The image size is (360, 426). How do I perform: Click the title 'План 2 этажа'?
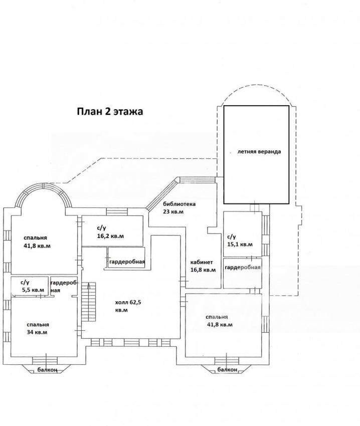click(110, 111)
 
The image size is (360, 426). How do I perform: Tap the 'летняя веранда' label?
click(259, 151)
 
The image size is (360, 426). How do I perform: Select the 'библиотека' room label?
click(179, 204)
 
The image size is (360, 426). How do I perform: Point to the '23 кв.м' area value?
click(173, 211)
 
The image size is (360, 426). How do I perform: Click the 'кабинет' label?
click(202, 262)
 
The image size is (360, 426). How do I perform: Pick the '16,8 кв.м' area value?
click(203, 270)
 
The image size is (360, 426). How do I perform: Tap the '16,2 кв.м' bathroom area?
click(110, 236)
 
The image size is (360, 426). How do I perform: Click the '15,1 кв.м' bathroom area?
click(240, 245)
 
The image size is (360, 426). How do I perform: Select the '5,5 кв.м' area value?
click(33, 290)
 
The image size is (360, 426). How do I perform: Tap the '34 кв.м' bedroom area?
click(37, 332)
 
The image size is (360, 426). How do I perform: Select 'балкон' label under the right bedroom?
click(227, 370)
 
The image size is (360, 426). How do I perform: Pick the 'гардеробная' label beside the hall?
click(127, 262)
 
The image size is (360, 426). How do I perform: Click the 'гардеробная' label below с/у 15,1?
click(243, 267)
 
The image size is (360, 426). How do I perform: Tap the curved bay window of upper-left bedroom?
click(44, 186)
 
